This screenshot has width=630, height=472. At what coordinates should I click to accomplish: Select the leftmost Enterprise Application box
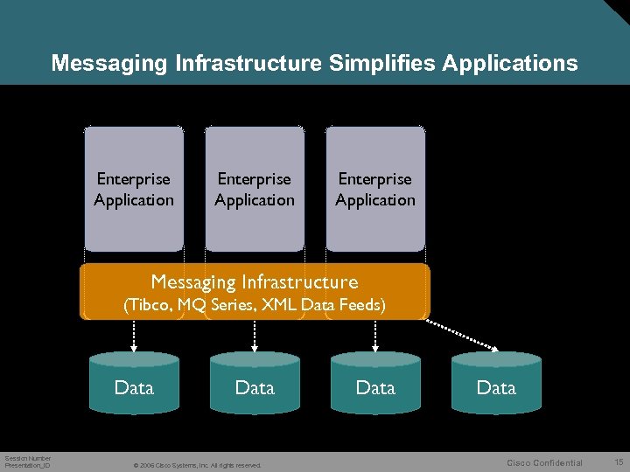pos(134,189)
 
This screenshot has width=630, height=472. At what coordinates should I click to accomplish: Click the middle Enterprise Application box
pos(255,189)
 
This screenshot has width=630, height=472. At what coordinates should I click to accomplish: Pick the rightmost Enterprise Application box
pos(375,189)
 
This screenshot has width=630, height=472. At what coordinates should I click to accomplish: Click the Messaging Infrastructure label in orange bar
pos(255,282)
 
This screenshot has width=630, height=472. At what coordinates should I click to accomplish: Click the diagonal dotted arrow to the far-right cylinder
pos(461,334)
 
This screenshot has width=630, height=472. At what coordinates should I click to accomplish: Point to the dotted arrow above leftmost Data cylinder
pos(134,335)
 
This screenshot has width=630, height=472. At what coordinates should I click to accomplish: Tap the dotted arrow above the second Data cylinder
pos(255,335)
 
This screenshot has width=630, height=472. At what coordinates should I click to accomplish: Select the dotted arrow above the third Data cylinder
pos(375,335)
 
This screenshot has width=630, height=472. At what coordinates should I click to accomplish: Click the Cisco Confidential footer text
pos(544,463)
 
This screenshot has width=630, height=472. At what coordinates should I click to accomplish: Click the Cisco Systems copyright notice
pos(196,465)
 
